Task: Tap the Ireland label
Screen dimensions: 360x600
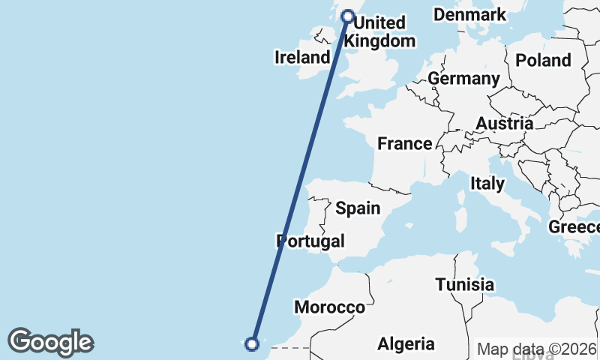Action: click(x=302, y=58)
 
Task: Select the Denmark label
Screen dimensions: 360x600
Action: click(x=470, y=15)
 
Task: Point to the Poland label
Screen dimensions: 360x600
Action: click(x=543, y=60)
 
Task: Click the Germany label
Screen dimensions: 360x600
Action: click(x=463, y=79)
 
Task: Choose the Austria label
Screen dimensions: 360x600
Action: click(x=505, y=124)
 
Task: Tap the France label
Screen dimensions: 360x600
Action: click(x=405, y=144)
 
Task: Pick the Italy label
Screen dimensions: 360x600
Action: click(x=487, y=183)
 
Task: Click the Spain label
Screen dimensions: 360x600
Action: click(x=358, y=208)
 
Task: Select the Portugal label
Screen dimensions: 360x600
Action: click(x=310, y=241)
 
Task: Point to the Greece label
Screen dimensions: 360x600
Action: click(x=574, y=226)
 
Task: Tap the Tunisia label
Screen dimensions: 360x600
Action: click(x=465, y=285)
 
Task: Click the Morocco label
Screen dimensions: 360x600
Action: click(x=329, y=307)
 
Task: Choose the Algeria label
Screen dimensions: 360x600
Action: click(x=406, y=344)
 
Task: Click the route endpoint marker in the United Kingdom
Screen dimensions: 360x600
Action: click(x=348, y=16)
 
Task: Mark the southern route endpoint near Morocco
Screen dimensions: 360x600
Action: click(x=252, y=344)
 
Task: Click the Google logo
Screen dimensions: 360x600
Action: click(x=50, y=342)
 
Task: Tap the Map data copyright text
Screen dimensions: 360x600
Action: click(x=537, y=349)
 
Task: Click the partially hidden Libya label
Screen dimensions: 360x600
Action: click(x=532, y=355)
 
